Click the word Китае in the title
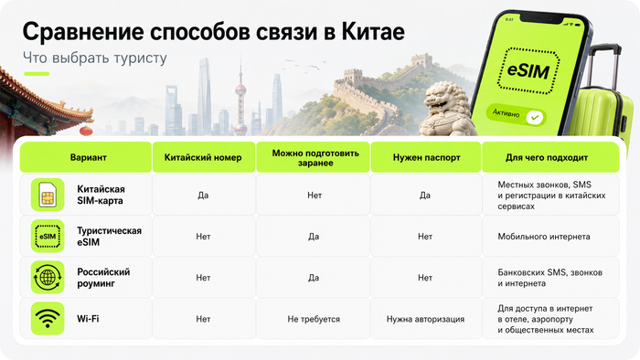[x=373, y=31]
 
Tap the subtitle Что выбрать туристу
[x=95, y=58]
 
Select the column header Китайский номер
[x=203, y=157]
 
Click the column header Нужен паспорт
[x=427, y=157]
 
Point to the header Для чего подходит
[x=547, y=157]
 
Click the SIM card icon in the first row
[x=48, y=195]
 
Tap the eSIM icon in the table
[x=48, y=236]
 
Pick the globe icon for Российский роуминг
[x=48, y=277]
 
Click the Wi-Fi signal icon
[x=48, y=318]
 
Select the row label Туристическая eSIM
[x=110, y=236]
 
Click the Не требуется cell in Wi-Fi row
[x=314, y=319]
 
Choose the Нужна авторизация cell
[x=425, y=319]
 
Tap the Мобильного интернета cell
[x=544, y=237]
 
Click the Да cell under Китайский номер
[x=203, y=196]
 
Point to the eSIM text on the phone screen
[x=528, y=70]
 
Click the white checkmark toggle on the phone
[x=534, y=118]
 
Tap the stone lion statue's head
[x=442, y=98]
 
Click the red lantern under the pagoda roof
[x=86, y=131]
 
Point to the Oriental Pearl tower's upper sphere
[x=240, y=89]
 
